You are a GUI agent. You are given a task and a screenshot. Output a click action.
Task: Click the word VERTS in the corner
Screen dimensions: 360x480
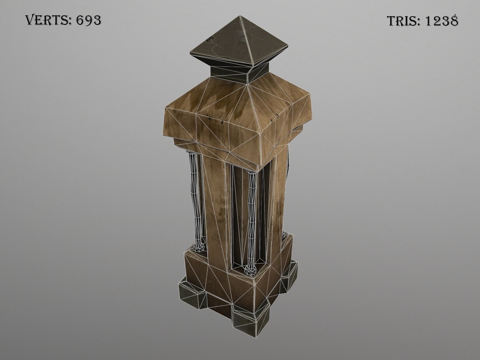click(47, 20)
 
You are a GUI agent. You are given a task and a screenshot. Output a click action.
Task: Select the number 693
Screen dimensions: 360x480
click(88, 20)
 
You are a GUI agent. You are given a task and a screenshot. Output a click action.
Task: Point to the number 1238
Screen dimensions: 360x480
click(442, 21)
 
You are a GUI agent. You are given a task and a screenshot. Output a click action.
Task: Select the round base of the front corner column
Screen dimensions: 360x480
click(250, 270)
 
